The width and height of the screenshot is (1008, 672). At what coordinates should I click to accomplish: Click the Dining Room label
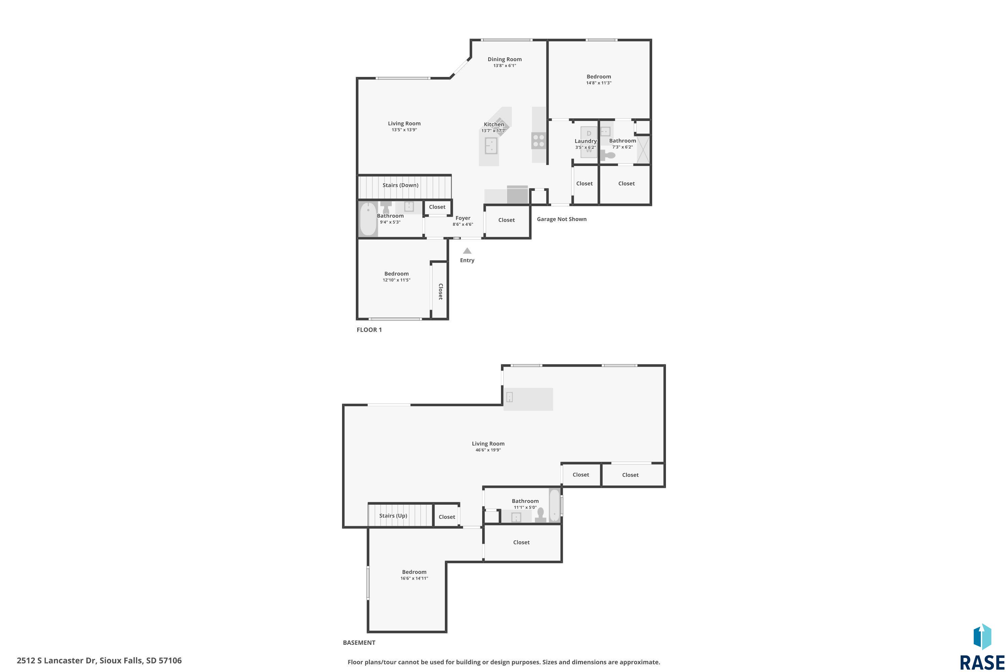click(504, 59)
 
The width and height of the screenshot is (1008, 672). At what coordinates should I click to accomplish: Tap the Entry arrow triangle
click(467, 251)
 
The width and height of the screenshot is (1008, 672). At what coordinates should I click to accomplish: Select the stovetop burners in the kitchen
click(539, 140)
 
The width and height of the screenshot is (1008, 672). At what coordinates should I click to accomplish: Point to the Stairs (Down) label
click(400, 185)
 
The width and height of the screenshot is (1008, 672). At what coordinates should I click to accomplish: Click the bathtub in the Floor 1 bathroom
click(368, 219)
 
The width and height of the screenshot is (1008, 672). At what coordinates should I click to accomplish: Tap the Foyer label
click(463, 218)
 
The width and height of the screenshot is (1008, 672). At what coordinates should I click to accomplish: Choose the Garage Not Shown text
click(561, 219)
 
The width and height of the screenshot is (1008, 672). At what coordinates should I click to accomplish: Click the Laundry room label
click(585, 141)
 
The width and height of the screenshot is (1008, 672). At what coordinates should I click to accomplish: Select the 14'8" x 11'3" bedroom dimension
click(599, 83)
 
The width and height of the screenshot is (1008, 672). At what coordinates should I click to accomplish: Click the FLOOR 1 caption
click(369, 330)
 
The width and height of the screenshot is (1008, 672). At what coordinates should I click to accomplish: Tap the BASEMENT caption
click(359, 642)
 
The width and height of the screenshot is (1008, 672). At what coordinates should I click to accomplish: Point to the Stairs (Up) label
click(393, 515)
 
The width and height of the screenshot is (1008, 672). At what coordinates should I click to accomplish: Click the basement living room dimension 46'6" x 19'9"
click(488, 450)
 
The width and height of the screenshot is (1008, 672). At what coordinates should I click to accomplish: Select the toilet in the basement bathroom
click(540, 515)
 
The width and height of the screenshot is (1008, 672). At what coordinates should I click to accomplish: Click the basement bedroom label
click(414, 572)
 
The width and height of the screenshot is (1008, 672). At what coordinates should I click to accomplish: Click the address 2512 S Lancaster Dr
click(56, 661)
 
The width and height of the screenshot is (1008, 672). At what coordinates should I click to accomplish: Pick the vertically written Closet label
click(440, 291)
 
